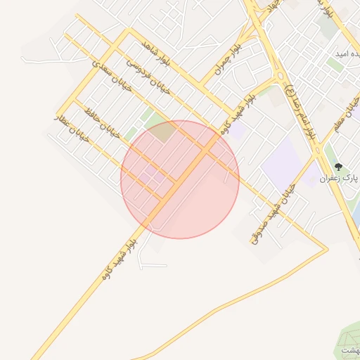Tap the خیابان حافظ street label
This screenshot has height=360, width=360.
[x=103, y=123]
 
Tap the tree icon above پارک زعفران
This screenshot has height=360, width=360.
[x=338, y=167]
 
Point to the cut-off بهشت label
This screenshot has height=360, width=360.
[x=349, y=350]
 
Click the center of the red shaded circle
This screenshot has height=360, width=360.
[x=180, y=179]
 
